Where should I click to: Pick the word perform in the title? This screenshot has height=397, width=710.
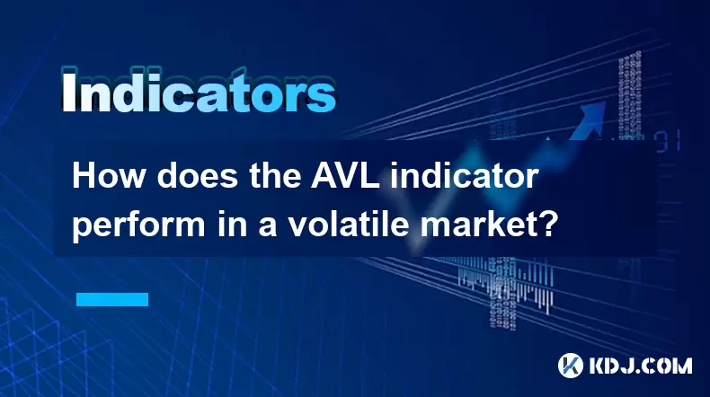[138, 225]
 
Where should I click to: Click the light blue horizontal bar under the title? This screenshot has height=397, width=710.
[112, 299]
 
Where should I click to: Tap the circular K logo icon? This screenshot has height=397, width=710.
[571, 366]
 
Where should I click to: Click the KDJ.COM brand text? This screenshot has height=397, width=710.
[640, 366]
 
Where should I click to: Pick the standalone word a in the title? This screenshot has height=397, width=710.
[267, 228]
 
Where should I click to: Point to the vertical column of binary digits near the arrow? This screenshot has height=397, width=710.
[630, 96]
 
